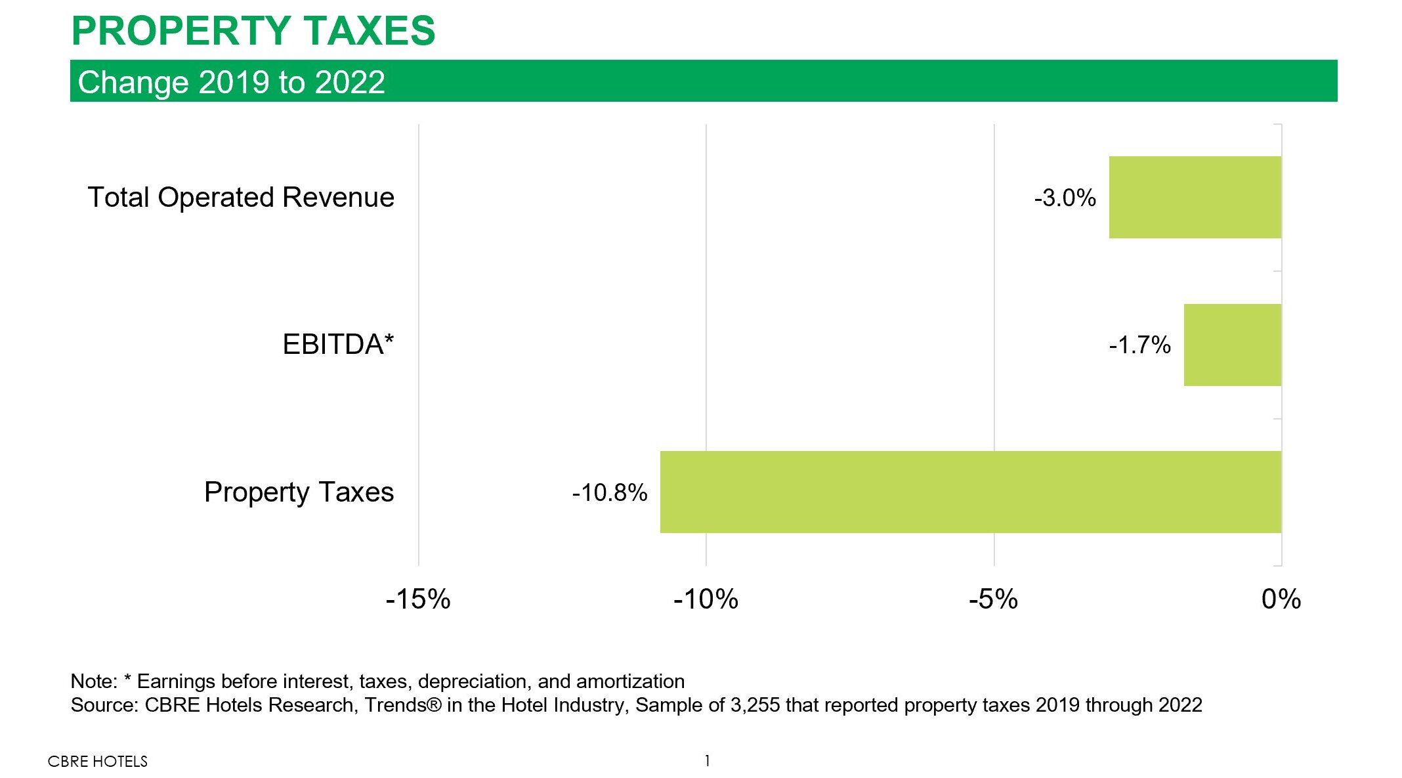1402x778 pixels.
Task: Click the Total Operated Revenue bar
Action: [x=1195, y=197]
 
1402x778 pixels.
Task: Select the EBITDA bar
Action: [x=1232, y=345]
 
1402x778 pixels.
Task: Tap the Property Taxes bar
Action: [x=970, y=492]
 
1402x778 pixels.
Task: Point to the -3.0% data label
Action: [x=1065, y=198]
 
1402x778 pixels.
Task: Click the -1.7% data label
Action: [x=1139, y=345]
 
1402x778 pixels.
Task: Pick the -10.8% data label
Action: [x=609, y=492]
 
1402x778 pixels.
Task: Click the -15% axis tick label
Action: [x=418, y=599]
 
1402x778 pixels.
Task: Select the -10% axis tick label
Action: [x=706, y=599]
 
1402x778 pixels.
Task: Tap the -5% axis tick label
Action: [x=993, y=599]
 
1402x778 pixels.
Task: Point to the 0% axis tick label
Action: [x=1281, y=599]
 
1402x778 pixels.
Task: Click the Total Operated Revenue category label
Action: [x=241, y=197]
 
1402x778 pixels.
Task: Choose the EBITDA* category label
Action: [x=338, y=344]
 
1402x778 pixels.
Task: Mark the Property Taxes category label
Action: [x=299, y=492]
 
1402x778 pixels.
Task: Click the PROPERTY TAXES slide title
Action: [x=253, y=30]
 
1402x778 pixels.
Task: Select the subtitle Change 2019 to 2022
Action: [x=231, y=82]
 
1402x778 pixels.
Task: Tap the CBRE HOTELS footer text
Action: [x=98, y=761]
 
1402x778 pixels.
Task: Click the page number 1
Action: [x=707, y=760]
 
